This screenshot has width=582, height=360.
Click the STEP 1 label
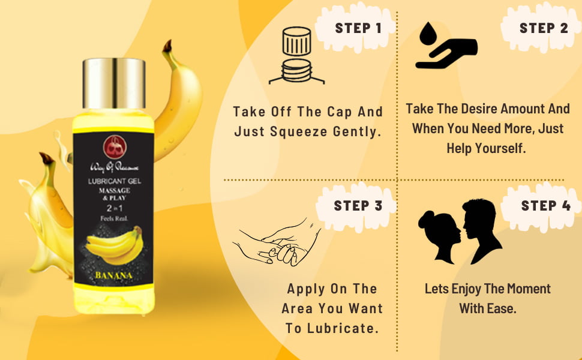358,28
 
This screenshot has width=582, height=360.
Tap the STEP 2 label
544,28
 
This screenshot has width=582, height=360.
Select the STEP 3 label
358,206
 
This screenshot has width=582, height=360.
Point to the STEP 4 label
545,206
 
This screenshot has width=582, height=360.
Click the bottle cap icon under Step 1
296,56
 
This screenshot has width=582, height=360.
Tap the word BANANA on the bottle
113,275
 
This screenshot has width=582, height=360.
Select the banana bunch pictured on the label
113,244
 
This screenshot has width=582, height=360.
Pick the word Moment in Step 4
528,289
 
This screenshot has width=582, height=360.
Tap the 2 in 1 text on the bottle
113,208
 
